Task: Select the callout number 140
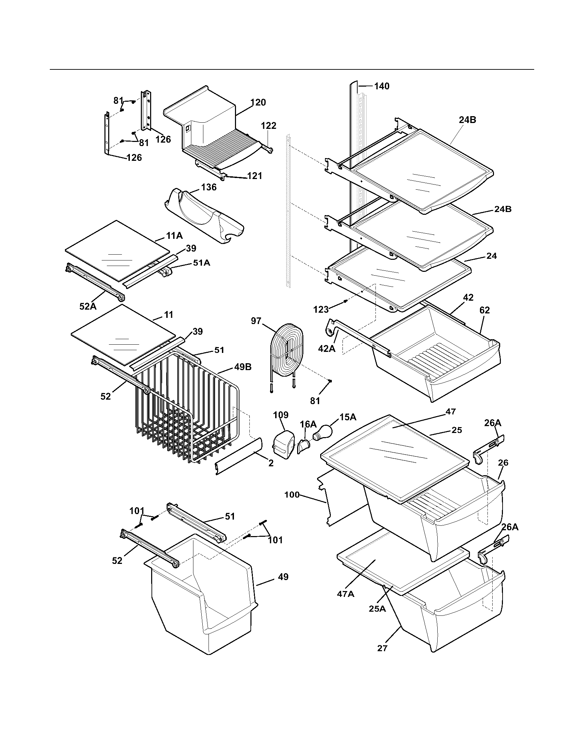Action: click(x=382, y=86)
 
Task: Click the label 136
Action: click(x=209, y=187)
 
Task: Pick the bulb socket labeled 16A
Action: click(x=304, y=446)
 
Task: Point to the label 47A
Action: click(x=346, y=594)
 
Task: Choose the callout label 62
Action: click(x=484, y=311)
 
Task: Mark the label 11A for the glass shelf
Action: click(x=175, y=236)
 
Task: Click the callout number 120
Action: click(x=258, y=102)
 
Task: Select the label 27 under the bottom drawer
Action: click(x=382, y=648)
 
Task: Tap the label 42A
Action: click(x=327, y=349)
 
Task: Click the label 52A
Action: click(x=88, y=306)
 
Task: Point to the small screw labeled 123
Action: click(x=345, y=301)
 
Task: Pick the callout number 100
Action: click(x=292, y=494)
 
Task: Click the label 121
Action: click(x=255, y=176)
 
